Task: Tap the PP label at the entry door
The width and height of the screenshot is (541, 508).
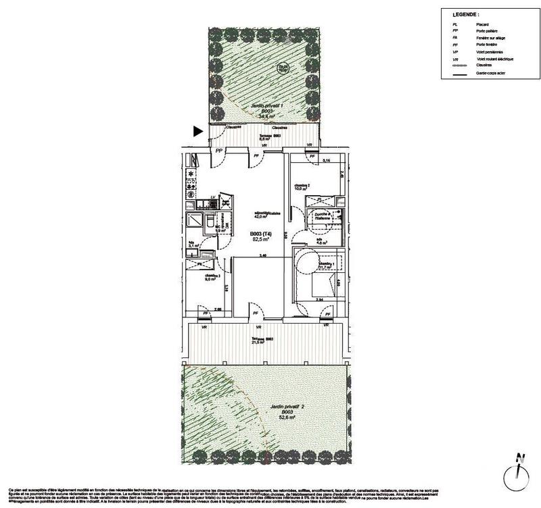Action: coord(218,151)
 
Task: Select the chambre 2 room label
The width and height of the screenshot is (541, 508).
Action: coord(302,184)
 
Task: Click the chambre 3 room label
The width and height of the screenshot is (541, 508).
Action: coord(213,276)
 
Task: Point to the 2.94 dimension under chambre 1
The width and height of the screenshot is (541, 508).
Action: coord(321,298)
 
